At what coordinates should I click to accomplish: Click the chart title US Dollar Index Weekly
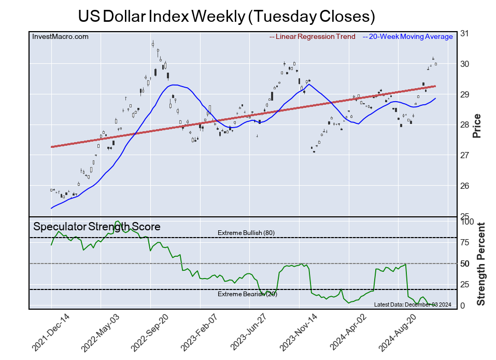(226, 16)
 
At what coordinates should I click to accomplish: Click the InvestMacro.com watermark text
(60, 37)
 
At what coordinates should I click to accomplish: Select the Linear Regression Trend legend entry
(313, 37)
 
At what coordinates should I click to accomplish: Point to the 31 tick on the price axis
(465, 34)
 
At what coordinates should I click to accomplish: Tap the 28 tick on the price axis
(465, 125)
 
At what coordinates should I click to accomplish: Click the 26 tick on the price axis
(465, 186)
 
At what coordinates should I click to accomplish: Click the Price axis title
(477, 126)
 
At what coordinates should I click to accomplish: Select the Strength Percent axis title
(481, 264)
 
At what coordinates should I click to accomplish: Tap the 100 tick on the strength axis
(467, 221)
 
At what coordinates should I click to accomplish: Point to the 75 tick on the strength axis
(465, 242)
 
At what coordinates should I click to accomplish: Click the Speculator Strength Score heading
(97, 227)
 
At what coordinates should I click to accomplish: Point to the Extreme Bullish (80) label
(246, 233)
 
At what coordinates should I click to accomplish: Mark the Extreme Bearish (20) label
(246, 295)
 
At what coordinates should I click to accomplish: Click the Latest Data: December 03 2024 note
(413, 304)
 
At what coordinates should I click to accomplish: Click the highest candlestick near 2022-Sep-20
(152, 44)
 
